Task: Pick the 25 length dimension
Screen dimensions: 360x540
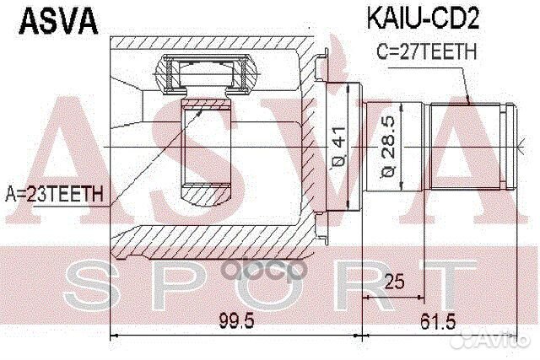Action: (x=392, y=281)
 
